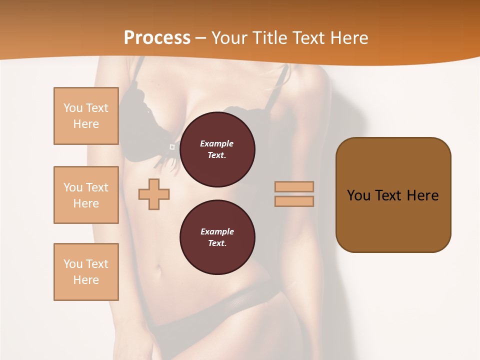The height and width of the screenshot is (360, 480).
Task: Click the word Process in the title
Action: click(x=157, y=38)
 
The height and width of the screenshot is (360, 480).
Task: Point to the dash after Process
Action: click(x=200, y=38)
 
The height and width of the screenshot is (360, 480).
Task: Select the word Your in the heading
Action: click(x=229, y=38)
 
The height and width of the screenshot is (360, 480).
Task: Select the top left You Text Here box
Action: click(x=86, y=116)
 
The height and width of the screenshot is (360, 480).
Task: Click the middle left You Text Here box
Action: click(x=86, y=195)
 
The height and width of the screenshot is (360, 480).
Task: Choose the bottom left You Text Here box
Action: click(x=86, y=272)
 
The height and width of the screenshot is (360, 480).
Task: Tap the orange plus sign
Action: click(x=154, y=194)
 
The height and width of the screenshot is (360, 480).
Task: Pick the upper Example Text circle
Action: click(x=217, y=149)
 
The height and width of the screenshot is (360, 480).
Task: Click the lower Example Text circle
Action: click(x=217, y=237)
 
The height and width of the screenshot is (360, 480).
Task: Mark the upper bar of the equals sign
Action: click(x=294, y=186)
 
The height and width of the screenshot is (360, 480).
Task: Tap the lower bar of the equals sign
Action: click(x=294, y=201)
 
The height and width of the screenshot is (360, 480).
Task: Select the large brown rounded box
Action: click(x=393, y=195)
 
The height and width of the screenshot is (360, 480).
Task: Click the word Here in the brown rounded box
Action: click(x=422, y=195)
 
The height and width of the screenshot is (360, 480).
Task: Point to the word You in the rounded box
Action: click(x=358, y=195)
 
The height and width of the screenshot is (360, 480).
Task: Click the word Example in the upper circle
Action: click(x=217, y=143)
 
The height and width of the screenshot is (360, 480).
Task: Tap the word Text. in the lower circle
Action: click(x=217, y=243)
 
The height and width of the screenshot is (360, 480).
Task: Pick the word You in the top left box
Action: click(x=73, y=108)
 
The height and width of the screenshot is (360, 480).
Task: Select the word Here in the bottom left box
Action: click(x=86, y=280)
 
